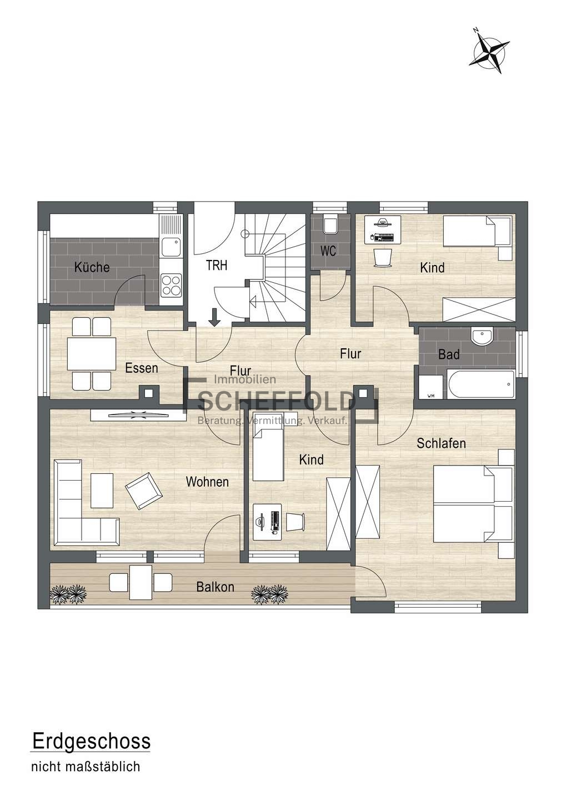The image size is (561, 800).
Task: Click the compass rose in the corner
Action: coord(488,52)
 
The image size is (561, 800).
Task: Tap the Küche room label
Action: coord(92,267)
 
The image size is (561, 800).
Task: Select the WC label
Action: coord(328,251)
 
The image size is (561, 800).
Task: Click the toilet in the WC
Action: coord(329,224)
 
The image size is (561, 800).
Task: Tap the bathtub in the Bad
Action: coord(480,384)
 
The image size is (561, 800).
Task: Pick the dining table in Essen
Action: coord(92,353)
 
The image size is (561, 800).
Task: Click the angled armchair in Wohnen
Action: coord(143,491)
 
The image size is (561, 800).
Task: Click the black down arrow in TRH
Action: coord(214,318)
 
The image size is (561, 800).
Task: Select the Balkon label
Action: coord(215,587)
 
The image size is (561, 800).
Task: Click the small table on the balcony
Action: coord(141,582)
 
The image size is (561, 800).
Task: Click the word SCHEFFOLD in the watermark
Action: coord(277,401)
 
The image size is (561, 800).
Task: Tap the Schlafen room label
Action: coord(441,443)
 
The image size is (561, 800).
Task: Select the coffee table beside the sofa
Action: coord(102,491)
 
